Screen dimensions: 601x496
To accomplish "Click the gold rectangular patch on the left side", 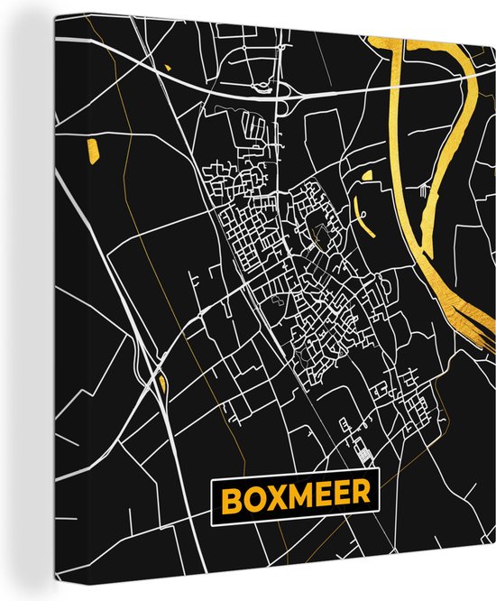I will pos(90,147).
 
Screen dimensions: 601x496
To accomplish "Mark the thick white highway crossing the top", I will pos(216,85).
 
